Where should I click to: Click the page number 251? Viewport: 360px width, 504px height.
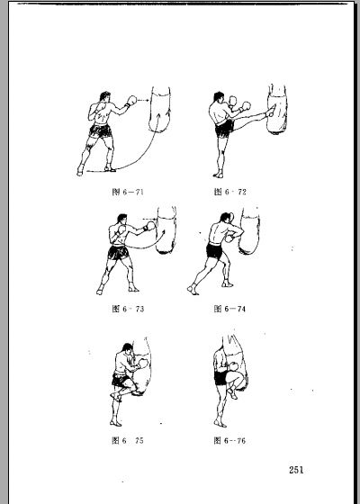[296, 470]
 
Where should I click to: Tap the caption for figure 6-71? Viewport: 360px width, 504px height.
[128, 192]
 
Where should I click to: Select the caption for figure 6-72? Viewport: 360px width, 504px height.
[230, 192]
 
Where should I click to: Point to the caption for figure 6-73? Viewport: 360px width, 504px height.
[128, 309]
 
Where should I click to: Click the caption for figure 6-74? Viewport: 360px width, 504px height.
[229, 309]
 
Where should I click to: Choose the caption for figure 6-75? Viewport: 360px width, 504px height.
[128, 440]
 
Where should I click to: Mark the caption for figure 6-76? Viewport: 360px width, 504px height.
[229, 440]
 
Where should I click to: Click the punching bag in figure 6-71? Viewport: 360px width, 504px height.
[160, 109]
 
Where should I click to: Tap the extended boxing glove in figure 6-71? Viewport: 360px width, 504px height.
[131, 100]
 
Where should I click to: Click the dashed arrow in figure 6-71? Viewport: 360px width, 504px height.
[143, 100]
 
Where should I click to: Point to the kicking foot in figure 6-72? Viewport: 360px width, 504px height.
[271, 110]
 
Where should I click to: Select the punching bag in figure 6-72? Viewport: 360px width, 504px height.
[277, 109]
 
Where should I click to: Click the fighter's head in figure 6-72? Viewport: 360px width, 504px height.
[219, 97]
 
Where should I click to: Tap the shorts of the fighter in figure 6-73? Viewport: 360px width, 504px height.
[118, 252]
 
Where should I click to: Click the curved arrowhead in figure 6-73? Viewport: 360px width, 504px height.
[164, 232]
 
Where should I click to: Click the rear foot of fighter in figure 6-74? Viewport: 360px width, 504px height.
[193, 289]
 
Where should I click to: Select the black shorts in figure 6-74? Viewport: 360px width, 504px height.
[214, 251]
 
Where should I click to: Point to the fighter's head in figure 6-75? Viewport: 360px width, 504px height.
[128, 348]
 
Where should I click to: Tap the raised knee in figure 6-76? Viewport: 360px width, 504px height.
[238, 378]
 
